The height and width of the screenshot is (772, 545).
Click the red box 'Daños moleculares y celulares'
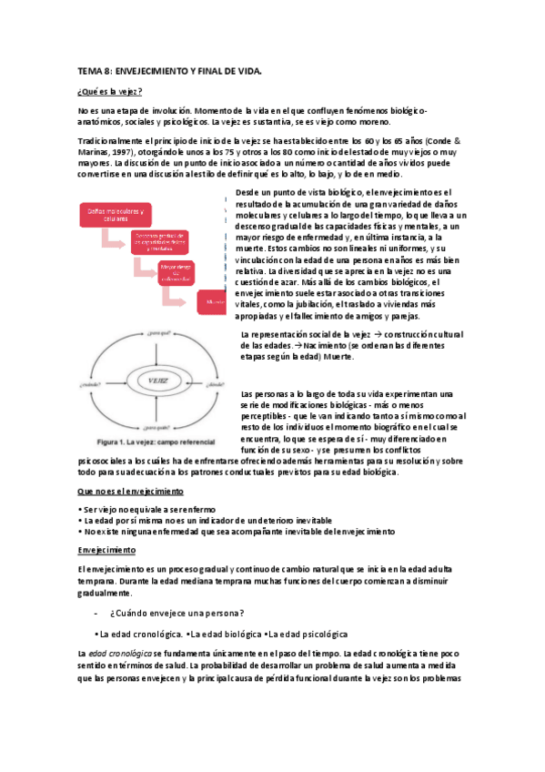(x=111, y=215)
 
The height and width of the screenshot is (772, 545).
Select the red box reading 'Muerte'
(x=214, y=301)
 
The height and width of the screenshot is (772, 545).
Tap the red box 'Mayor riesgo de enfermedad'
(x=178, y=272)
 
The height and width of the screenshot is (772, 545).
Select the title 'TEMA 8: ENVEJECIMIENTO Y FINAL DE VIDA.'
(x=169, y=70)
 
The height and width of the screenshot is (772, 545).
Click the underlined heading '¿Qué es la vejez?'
(x=109, y=92)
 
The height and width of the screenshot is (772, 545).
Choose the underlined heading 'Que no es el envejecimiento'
(x=130, y=491)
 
